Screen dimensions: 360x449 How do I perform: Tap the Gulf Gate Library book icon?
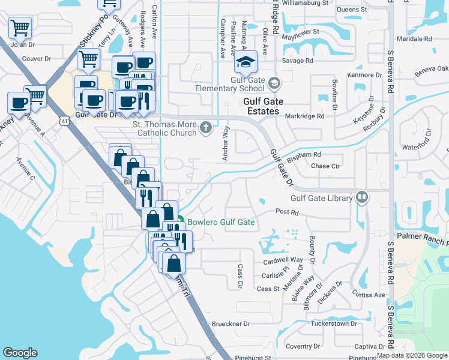[x=362, y=197]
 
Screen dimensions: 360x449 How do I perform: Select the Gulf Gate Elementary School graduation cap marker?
[x=246, y=61]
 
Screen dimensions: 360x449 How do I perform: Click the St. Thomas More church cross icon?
[x=206, y=127]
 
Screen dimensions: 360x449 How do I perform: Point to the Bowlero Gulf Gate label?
[x=221, y=222]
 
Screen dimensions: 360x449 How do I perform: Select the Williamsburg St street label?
[x=305, y=3]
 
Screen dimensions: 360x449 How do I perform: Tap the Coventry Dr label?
[x=303, y=346]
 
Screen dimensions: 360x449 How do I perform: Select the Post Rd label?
[x=287, y=212]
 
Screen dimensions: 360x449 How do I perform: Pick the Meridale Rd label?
[x=415, y=38]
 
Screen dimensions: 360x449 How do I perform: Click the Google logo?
[x=20, y=353]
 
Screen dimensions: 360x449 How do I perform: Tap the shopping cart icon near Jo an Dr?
[x=20, y=27]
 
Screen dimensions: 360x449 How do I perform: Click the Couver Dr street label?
[x=36, y=59]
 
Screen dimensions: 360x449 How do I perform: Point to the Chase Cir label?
[x=326, y=166]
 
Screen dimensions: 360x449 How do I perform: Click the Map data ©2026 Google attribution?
[x=412, y=355]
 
